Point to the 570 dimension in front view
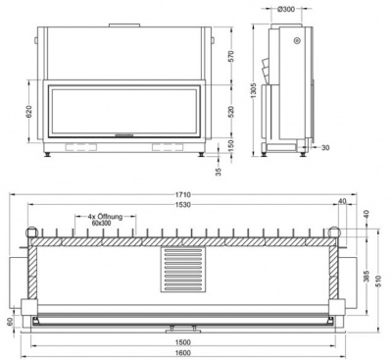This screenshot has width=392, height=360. click(x=230, y=55)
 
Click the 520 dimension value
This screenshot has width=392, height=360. click(x=230, y=111)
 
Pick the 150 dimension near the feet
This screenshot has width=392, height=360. click(x=230, y=145)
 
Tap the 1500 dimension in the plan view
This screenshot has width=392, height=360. click(x=182, y=344)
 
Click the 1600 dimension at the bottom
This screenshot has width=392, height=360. click(x=182, y=354)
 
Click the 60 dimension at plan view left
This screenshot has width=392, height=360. click(x=10, y=321)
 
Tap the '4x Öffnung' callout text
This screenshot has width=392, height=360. click(x=103, y=216)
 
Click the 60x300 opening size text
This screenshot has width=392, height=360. click(x=103, y=224)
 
